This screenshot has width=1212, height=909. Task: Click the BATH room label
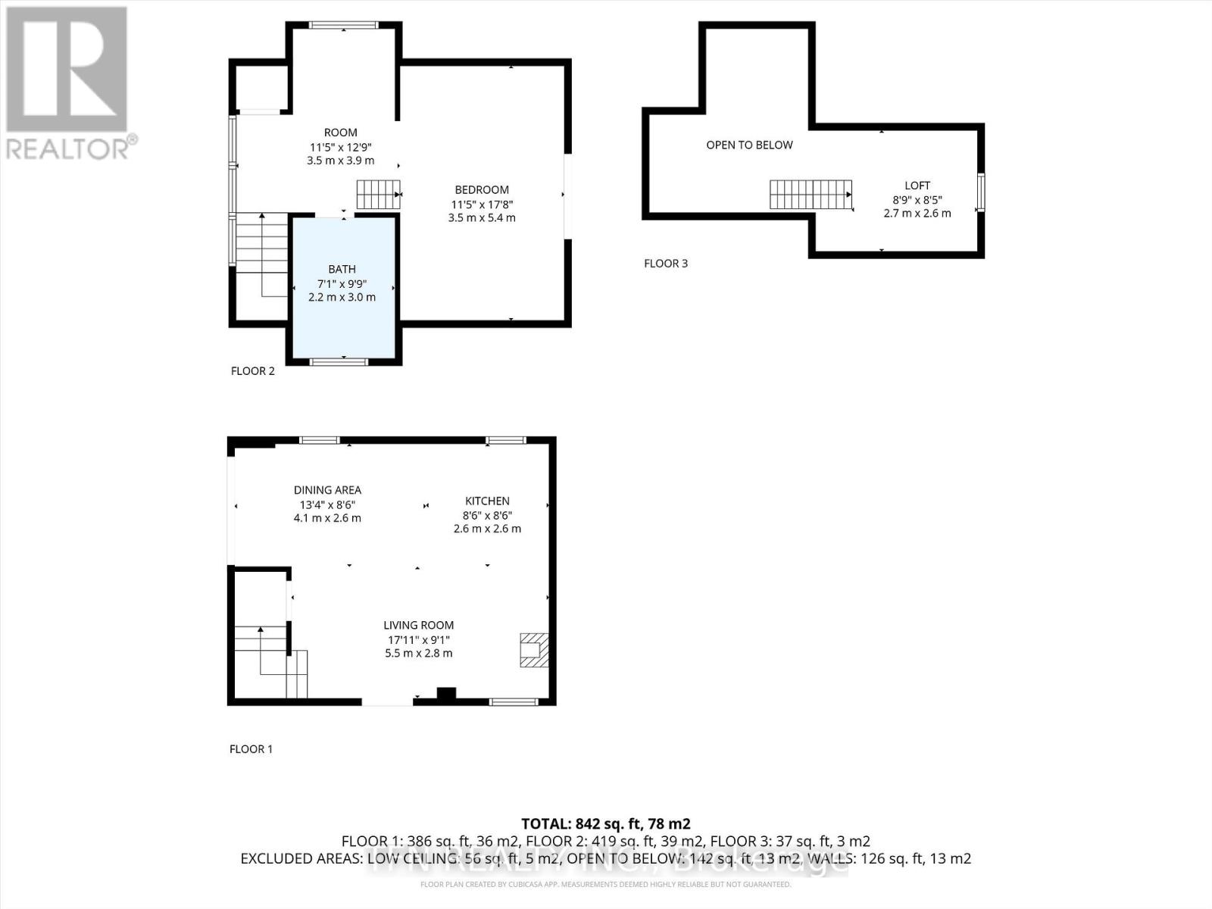(342, 269)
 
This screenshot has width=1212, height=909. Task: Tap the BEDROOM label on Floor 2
(482, 190)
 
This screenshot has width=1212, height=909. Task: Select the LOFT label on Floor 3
(917, 186)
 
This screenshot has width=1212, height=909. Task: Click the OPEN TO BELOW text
(749, 145)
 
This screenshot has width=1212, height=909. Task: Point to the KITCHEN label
(487, 501)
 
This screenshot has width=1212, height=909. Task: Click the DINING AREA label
(327, 490)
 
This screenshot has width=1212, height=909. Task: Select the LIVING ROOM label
(418, 625)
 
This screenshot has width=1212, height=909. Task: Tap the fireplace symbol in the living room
(534, 650)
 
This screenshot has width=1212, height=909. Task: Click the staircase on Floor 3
(811, 195)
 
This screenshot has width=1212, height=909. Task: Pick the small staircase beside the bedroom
(378, 195)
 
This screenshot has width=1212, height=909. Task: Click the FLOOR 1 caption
(251, 749)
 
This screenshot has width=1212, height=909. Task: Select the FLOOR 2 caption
(252, 370)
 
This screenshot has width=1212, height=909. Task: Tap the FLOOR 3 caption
(666, 264)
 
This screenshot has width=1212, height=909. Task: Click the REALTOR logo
(68, 83)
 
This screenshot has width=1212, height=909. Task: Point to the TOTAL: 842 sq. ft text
(605, 823)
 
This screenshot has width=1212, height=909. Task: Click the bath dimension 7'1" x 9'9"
(342, 283)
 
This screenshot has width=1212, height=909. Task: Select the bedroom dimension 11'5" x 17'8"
(482, 205)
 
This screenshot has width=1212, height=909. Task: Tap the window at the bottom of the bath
(339, 361)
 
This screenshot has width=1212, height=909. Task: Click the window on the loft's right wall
(981, 192)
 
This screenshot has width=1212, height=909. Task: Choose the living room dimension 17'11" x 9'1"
(418, 639)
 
